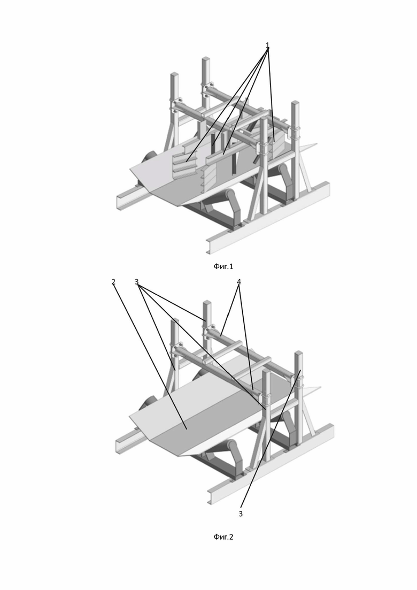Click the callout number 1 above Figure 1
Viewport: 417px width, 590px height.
(268, 45)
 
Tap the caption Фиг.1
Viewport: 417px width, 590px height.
(223, 266)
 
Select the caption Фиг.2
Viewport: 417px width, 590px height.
(223, 537)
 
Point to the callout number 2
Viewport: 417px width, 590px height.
(113, 281)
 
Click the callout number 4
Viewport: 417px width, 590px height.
(239, 281)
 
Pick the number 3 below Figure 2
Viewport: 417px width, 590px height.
(241, 513)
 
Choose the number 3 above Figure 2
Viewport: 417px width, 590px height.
(136, 281)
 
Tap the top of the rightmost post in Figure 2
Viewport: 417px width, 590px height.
(299, 353)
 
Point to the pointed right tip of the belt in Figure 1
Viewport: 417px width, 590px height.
(317, 143)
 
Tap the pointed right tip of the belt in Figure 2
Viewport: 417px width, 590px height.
(320, 386)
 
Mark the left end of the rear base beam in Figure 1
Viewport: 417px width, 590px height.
(119, 202)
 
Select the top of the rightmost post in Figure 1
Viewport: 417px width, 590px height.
(295, 102)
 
